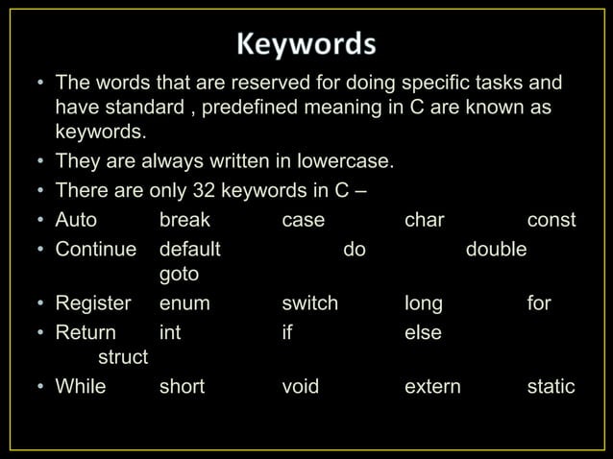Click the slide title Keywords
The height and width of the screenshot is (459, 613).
pos(307,45)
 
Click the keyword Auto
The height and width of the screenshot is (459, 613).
pos(76,221)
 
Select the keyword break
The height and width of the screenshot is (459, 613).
pos(184,221)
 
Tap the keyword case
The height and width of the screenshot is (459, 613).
pos(303,221)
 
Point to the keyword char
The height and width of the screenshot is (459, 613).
pos(425,221)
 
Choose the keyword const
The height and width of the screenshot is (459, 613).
pos(552,221)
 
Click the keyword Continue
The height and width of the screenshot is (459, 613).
pos(95,249)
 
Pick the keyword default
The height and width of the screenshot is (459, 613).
pos(189,249)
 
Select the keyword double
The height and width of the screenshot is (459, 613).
pos(496,249)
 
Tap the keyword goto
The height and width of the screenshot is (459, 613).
pos(179,276)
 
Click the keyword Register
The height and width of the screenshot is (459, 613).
pos(93,303)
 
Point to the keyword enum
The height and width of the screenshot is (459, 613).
pos(184,303)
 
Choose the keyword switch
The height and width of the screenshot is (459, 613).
pos(309,303)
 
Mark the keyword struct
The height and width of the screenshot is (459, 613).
pos(124,358)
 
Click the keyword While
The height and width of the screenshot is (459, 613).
pos(81,386)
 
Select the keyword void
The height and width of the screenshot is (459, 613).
pos(300,386)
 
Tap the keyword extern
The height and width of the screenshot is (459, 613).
pos(432,386)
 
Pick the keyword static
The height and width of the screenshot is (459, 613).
pos(552,386)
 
